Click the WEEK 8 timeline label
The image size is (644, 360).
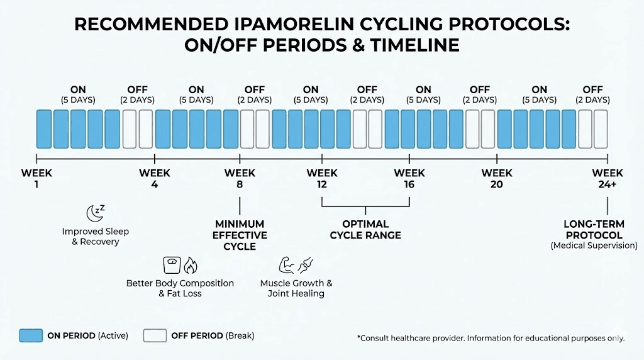pos(240,178)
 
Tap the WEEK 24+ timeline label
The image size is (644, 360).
pos(607,178)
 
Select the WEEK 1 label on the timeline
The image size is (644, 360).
pos(36,178)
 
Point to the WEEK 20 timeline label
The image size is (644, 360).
pos(497,178)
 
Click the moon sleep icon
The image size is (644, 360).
pos(96,213)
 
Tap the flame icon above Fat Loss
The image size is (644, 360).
pos(190,266)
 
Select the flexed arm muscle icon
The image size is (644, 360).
pos(287,265)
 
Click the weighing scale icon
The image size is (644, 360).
pos(172,265)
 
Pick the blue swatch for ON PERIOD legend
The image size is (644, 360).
pos(31,335)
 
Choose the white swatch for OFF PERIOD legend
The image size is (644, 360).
pos(155,335)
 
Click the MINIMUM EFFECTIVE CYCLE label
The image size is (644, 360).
pos(240,235)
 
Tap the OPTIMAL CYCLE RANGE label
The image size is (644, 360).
pos(365,230)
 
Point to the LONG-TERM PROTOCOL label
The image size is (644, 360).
pos(594,230)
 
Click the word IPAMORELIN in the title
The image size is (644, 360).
pos(294,25)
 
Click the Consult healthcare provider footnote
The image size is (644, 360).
pos(491,338)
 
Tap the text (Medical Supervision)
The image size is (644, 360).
pos(594,245)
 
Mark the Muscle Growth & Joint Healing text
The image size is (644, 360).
pos(296,288)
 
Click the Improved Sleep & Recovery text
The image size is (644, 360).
pos(96,236)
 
